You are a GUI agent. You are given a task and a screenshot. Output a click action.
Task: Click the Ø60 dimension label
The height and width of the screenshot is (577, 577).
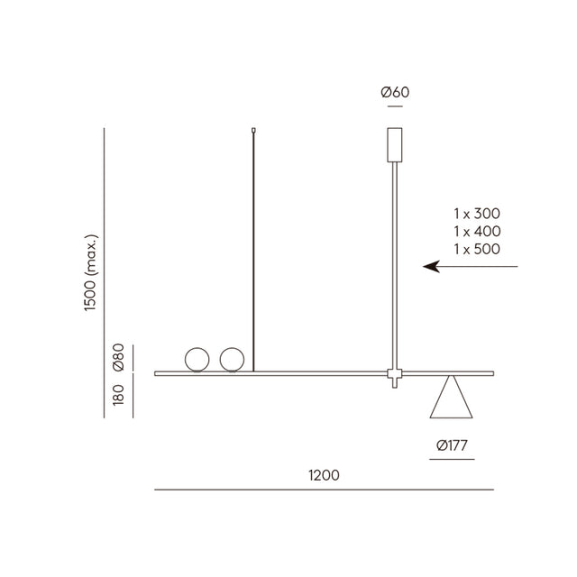pyautogui.click(x=395, y=92)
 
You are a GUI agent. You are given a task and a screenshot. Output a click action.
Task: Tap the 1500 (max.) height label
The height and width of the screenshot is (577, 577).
pyautogui.click(x=90, y=272)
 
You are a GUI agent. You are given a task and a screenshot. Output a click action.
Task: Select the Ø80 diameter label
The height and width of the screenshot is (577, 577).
pyautogui.click(x=119, y=357)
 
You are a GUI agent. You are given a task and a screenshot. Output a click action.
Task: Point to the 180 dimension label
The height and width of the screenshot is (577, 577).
pyautogui.click(x=118, y=395)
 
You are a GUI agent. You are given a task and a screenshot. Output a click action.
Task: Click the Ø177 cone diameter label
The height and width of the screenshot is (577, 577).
pyautogui.click(x=452, y=445)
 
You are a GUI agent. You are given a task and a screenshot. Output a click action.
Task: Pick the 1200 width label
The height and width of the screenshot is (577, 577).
pyautogui.click(x=324, y=475)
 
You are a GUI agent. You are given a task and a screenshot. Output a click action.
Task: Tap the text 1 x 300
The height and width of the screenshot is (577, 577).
pyautogui.click(x=477, y=214)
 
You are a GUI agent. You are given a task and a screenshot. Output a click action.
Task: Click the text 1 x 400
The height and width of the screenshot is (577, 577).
pyautogui.click(x=477, y=231)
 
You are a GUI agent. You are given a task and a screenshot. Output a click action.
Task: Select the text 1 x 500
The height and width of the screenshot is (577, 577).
pyautogui.click(x=477, y=249)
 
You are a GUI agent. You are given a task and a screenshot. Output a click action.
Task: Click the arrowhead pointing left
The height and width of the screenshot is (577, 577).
pyautogui.click(x=431, y=267)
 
